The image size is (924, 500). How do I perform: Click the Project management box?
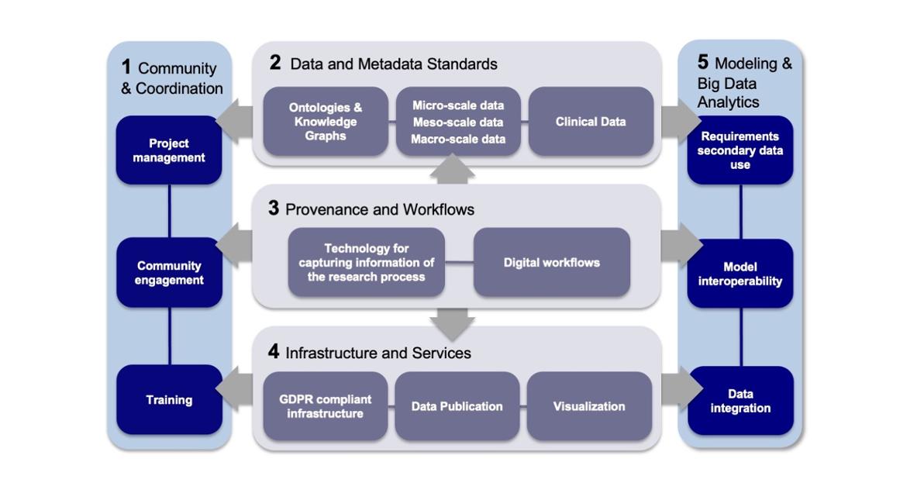169,150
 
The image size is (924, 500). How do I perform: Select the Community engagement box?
169,273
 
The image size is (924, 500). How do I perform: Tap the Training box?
169,400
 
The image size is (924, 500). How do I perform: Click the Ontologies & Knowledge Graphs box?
326,122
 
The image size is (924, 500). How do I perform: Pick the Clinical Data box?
591,122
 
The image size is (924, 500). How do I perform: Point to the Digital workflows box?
552,263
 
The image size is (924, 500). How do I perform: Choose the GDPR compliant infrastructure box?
326,406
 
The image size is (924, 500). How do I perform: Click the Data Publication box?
457,406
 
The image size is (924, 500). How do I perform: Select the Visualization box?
589,406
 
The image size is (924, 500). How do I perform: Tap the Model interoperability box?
740,274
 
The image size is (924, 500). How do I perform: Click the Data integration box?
740,401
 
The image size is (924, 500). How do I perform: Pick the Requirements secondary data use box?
740,150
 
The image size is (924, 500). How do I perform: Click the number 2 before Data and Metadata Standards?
275,64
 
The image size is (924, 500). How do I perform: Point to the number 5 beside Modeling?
703,63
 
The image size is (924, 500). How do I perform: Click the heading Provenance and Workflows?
380,209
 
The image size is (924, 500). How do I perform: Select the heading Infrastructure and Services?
378,353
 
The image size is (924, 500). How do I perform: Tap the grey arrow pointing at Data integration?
680,388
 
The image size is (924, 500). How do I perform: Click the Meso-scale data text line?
458,122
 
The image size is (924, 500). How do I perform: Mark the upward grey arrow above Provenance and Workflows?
453,169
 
